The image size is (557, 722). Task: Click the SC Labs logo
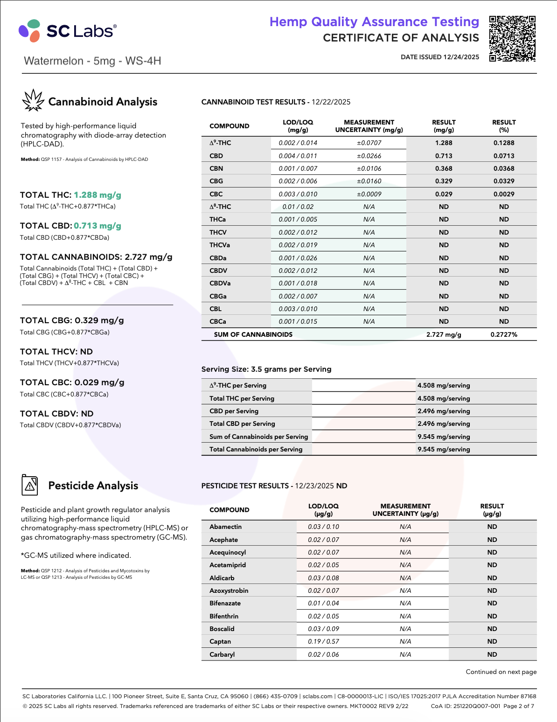tap(68, 31)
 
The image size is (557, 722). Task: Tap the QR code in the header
tap(512, 39)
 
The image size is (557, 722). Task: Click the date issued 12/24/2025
tap(440, 57)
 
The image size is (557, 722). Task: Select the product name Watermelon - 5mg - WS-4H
tap(92, 61)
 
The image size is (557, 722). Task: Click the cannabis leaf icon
tap(33, 101)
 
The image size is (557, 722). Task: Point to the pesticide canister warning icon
tap(30, 485)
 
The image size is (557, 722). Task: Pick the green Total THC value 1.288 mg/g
tap(97, 195)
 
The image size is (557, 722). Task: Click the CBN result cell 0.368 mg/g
tap(444, 168)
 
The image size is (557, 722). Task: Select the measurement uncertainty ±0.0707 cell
tap(369, 143)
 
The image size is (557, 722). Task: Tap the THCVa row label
tap(219, 245)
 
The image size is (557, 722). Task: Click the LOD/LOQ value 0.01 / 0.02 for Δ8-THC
tap(298, 207)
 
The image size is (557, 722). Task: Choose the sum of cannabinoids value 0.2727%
tap(504, 334)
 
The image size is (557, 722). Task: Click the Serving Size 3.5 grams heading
tap(266, 369)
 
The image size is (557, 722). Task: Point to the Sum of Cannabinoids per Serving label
tap(258, 437)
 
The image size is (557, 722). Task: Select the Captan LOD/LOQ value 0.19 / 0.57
tap(323, 641)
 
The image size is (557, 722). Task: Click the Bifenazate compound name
tap(225, 603)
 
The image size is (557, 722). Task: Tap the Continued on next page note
tap(501, 672)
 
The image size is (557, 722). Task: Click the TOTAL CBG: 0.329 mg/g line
tap(72, 320)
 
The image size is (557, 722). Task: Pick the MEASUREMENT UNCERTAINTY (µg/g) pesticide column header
tap(405, 510)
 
